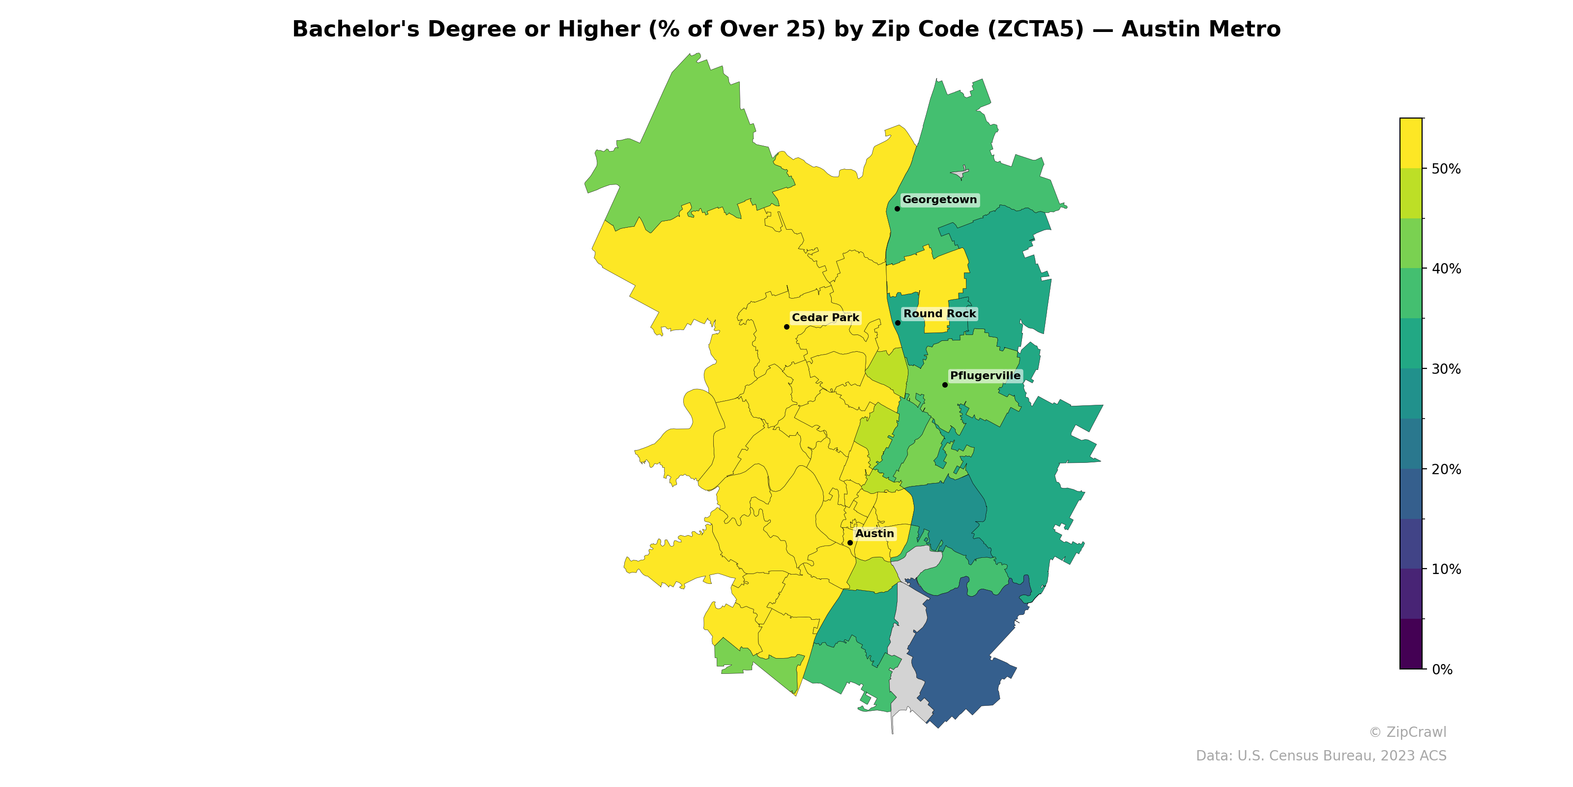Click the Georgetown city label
pyautogui.click(x=939, y=200)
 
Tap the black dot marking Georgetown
pyautogui.click(x=897, y=209)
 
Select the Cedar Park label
pyautogui.click(x=825, y=318)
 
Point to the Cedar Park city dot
pyautogui.click(x=786, y=327)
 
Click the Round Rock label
pyautogui.click(x=940, y=314)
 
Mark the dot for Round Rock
pyautogui.click(x=898, y=323)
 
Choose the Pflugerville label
pyautogui.click(x=985, y=376)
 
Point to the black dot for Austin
pyautogui.click(x=850, y=543)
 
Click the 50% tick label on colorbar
pyautogui.click(x=1446, y=169)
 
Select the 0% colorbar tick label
pyautogui.click(x=1442, y=669)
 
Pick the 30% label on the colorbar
pyautogui.click(x=1446, y=369)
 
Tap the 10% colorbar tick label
pyautogui.click(x=1446, y=570)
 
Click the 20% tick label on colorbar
pyautogui.click(x=1446, y=469)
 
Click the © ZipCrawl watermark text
pyautogui.click(x=1407, y=732)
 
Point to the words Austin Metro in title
pyautogui.click(x=1200, y=30)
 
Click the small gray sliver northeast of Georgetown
pyautogui.click(x=961, y=173)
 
